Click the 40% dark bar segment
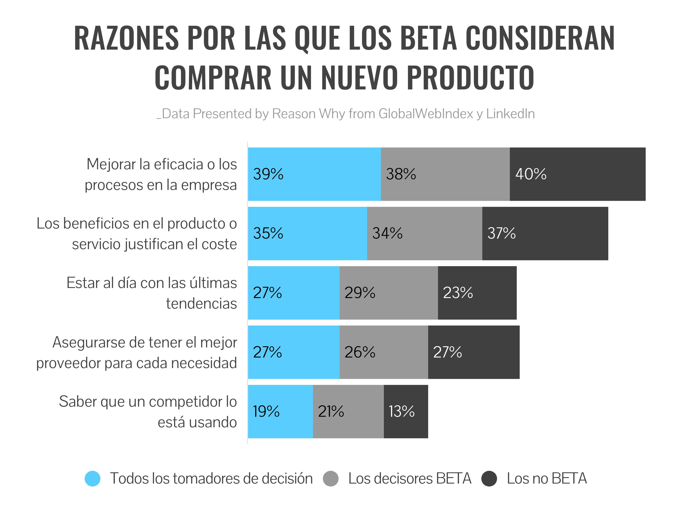coord(578,174)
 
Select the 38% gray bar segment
coord(445,174)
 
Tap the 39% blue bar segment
coord(314,174)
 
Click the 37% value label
coord(501,233)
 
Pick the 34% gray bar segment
coord(424,233)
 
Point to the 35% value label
coord(268,233)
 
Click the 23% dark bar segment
coord(477,293)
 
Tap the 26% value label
coord(360,352)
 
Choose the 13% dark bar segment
coord(406,412)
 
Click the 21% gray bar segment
coord(348,412)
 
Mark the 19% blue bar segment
coord(280,412)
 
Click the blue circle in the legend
coord(93,478)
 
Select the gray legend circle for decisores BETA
coord(331,478)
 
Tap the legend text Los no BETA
coord(547,478)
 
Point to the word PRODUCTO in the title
coord(471,77)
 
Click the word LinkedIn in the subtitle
coord(510,114)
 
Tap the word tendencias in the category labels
coord(201,303)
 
